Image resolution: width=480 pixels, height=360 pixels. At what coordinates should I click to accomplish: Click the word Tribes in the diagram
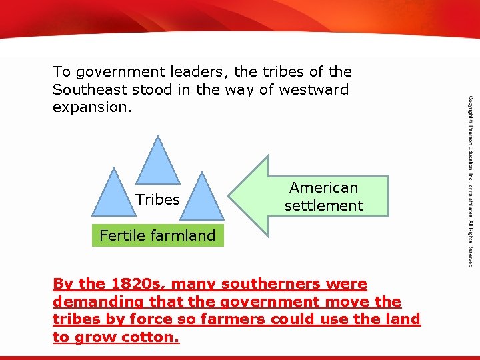(x=157, y=199)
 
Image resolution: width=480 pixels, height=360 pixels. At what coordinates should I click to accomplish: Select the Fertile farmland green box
(x=157, y=235)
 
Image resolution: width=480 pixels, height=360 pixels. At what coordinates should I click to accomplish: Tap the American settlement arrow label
(x=323, y=197)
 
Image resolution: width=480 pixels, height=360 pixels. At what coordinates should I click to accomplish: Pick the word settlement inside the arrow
(x=323, y=205)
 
